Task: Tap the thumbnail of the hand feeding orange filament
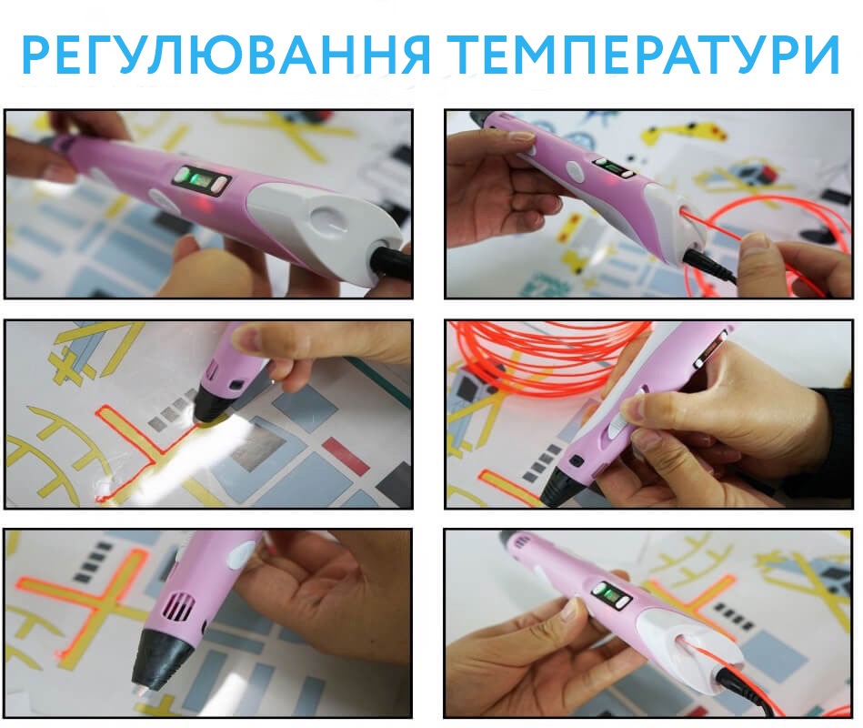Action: (648, 205)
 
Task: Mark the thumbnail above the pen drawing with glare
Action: (208, 205)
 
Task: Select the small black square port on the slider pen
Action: (577, 460)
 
